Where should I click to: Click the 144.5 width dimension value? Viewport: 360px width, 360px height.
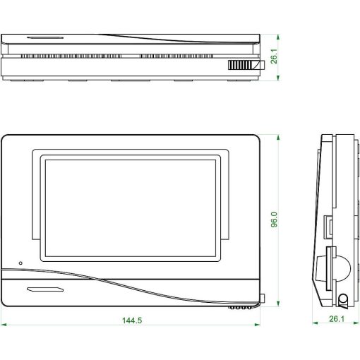(132, 320)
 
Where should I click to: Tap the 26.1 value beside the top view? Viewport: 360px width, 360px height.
(275, 55)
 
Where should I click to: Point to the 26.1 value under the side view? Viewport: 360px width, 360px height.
(336, 320)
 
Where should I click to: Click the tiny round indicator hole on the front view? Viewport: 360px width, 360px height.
(20, 263)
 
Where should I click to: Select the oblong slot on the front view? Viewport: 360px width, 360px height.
(46, 289)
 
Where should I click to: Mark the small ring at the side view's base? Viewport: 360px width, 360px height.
(343, 299)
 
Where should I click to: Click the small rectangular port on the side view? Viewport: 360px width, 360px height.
(329, 227)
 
